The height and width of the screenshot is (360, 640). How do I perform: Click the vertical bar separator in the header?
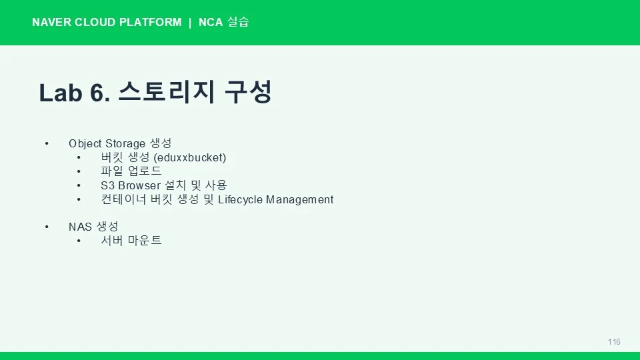click(190, 23)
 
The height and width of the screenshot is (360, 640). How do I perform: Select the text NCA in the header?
click(211, 22)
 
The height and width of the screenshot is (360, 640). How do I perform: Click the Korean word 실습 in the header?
click(238, 21)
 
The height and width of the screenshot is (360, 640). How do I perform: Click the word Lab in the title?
click(61, 93)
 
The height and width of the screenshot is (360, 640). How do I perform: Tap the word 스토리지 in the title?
click(167, 92)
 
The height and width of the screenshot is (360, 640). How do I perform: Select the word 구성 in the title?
click(248, 92)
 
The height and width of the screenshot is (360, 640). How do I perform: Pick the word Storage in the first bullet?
click(125, 144)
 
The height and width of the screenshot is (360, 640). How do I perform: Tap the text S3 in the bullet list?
click(107, 186)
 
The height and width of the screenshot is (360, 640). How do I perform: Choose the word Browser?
click(139, 186)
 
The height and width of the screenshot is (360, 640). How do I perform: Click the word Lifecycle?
click(240, 200)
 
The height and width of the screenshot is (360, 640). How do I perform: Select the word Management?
click(299, 200)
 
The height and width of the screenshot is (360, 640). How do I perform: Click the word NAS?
click(80, 227)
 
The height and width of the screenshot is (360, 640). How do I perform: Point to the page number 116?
click(614, 342)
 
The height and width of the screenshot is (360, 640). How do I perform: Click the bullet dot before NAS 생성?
click(47, 227)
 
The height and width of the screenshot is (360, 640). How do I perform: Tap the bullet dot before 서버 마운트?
click(79, 241)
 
